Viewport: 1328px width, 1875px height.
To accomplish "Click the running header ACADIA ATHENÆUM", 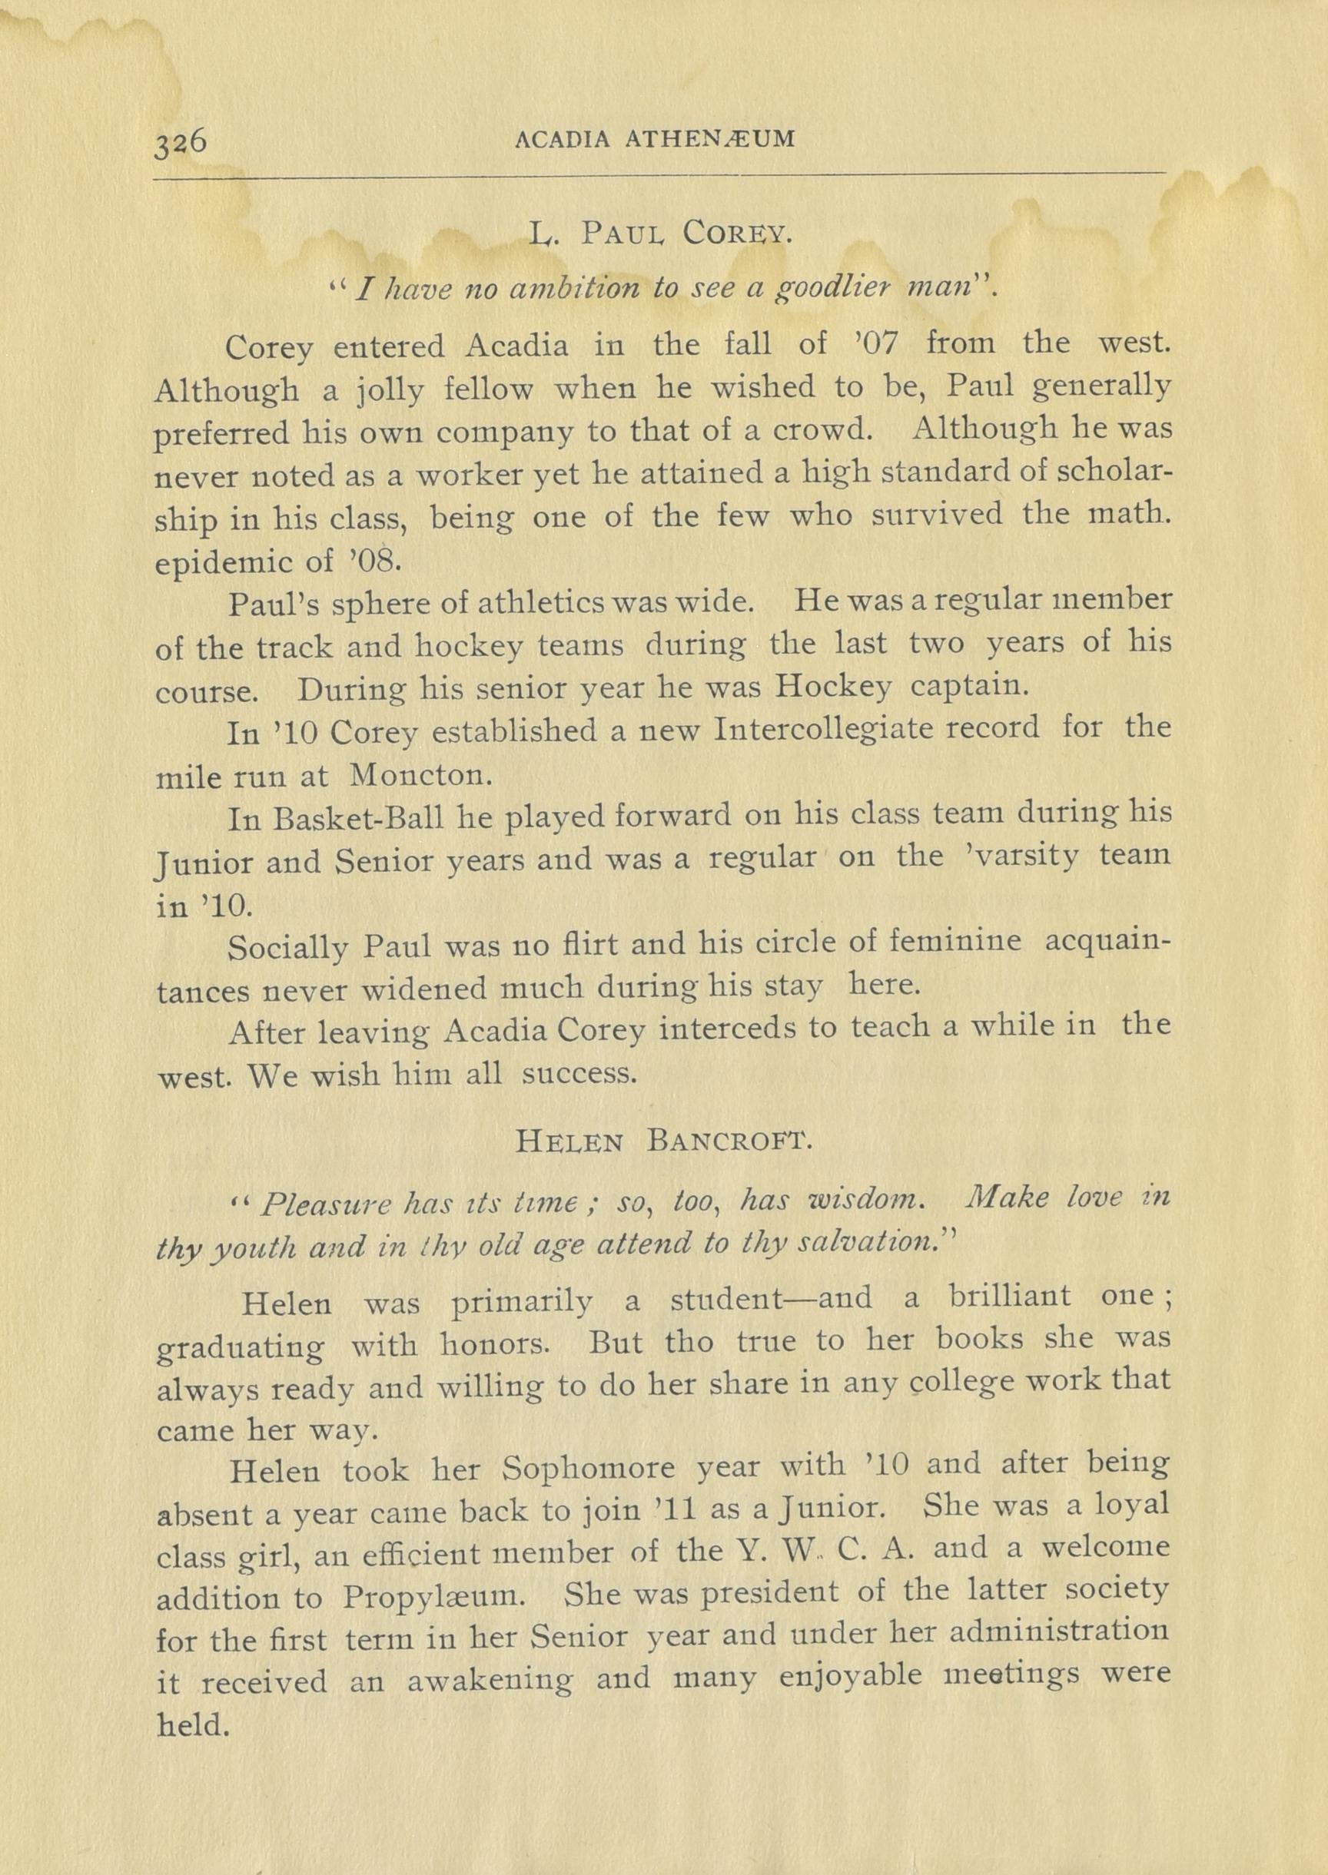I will (x=655, y=139).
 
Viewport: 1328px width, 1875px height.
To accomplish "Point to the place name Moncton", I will (x=420, y=775).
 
